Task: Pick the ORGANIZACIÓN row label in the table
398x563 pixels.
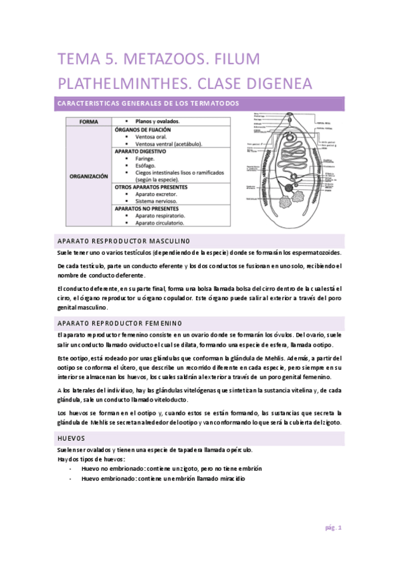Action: click(x=89, y=177)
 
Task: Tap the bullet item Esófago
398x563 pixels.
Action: click(x=148, y=165)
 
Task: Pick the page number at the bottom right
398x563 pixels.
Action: click(x=333, y=528)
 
